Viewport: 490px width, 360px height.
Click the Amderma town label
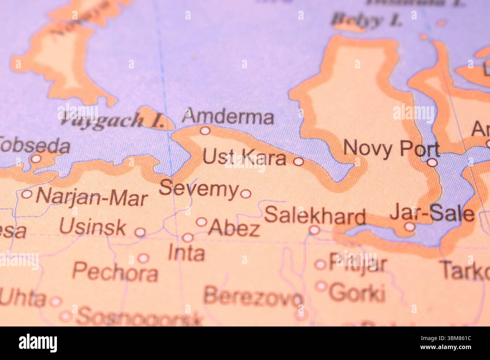coord(228,117)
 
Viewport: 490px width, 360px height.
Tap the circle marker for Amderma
coord(205,131)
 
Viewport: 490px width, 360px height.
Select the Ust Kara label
coord(244,157)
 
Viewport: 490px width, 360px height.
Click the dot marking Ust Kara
coord(299,162)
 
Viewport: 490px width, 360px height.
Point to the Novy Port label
coord(391,148)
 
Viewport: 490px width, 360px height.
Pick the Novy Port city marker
coord(433,163)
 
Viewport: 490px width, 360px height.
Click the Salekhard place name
coord(315,216)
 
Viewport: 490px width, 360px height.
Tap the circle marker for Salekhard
coord(314,230)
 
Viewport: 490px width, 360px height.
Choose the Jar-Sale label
coord(432,213)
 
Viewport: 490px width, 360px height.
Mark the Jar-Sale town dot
coord(410,227)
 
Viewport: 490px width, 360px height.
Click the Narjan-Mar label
coord(92,197)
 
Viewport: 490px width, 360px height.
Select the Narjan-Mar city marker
coord(27,194)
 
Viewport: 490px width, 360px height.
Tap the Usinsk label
coord(93,227)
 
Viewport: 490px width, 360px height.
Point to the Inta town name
coord(186,253)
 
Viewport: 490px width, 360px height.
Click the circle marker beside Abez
coord(202,222)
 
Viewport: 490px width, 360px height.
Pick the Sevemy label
coord(199,189)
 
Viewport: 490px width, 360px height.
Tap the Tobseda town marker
coord(36,159)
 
